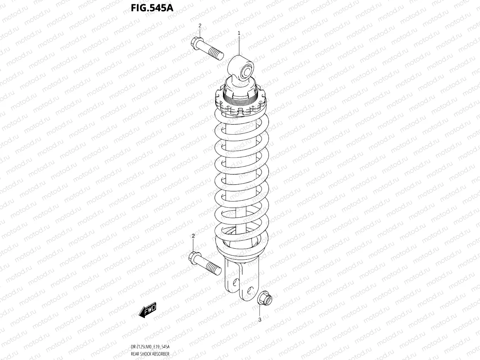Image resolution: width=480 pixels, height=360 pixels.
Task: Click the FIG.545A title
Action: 152,7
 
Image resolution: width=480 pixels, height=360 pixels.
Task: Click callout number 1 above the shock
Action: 239,33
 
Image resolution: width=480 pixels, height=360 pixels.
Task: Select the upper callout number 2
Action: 200,26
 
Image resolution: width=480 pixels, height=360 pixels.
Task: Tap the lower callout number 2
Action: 193,236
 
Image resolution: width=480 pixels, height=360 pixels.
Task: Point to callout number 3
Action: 260,320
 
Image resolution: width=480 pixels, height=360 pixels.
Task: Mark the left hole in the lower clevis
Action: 234,282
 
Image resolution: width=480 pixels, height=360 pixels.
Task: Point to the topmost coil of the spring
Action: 241,120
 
